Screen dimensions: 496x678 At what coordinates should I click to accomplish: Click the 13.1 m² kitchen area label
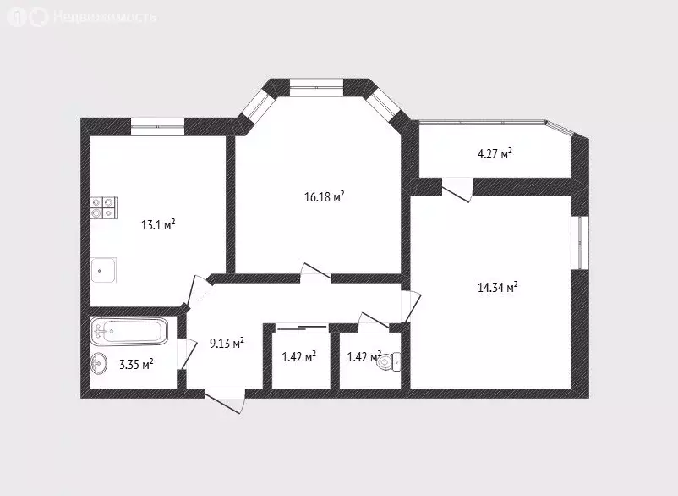pos(158,225)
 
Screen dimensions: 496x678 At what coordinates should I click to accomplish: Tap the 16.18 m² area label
pos(324,197)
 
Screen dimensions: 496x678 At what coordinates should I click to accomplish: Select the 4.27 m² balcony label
pos(495,154)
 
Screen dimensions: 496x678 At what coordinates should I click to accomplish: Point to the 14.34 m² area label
pos(497,288)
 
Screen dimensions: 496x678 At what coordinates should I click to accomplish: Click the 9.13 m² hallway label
pos(227,344)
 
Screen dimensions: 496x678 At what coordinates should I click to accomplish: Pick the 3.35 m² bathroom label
pos(136,365)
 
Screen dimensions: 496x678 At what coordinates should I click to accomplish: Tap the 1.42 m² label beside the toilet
pos(364,356)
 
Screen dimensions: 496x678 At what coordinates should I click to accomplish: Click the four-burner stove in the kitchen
pos(104,208)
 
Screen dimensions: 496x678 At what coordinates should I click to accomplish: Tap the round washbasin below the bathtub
pos(99,364)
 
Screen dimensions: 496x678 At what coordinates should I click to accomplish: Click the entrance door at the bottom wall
pos(225,400)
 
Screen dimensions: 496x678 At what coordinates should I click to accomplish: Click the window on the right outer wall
pos(579,243)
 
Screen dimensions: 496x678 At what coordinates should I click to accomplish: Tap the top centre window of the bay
pos(316,85)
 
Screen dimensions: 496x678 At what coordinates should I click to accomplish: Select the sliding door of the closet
pos(301,326)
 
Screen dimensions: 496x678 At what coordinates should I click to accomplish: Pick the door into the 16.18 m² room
pos(316,272)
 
